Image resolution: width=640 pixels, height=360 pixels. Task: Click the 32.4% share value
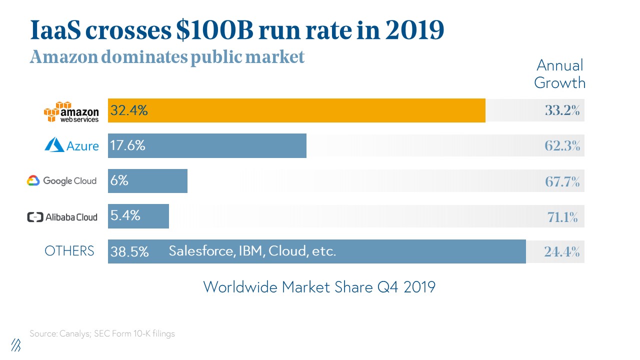(x=129, y=110)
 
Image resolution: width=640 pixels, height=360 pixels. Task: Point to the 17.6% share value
(x=128, y=145)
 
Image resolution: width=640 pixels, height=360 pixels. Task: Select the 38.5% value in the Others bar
(x=129, y=251)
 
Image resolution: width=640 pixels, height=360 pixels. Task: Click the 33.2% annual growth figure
(x=562, y=111)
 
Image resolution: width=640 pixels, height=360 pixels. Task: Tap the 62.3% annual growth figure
(x=562, y=146)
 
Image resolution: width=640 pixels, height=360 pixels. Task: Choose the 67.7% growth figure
(x=562, y=181)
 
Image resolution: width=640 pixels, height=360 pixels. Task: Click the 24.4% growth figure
(x=562, y=252)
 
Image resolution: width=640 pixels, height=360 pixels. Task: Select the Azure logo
(x=71, y=145)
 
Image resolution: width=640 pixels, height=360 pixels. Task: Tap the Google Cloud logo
(x=61, y=180)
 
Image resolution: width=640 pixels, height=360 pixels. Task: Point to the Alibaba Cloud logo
(x=61, y=217)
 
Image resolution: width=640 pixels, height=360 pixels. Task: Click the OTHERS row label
(x=69, y=251)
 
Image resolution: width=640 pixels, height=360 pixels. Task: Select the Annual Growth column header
(x=559, y=74)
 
